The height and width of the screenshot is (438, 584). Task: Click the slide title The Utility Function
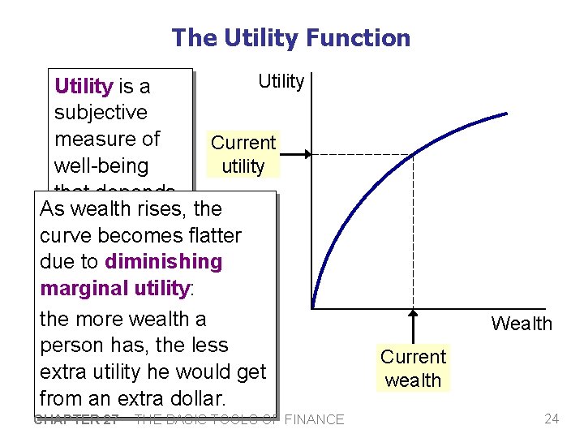tap(291, 38)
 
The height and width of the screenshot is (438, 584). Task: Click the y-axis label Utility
tap(281, 81)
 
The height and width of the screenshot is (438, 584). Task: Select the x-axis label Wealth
tap(521, 324)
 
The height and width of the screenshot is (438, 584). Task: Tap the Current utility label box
tap(243, 154)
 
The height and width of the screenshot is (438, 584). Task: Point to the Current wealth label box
tap(414, 368)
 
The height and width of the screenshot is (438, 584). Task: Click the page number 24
tap(552, 419)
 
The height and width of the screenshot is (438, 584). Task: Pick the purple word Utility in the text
tap(83, 86)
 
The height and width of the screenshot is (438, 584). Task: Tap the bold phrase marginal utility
tap(114, 288)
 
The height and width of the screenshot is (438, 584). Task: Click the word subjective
tap(101, 113)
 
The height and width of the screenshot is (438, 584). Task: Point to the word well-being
tap(101, 166)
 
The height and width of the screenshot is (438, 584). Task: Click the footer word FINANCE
tap(313, 419)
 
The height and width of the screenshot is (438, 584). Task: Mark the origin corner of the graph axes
tap(312, 308)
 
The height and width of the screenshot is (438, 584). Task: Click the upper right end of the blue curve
tap(508, 114)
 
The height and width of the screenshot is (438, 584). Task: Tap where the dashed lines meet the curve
tap(413, 154)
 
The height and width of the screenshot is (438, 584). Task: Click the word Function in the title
tap(363, 38)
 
